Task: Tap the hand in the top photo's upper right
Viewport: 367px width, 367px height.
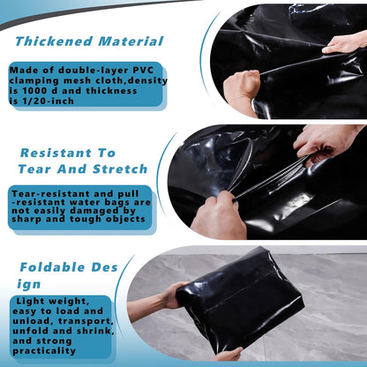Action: pos(345,41)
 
